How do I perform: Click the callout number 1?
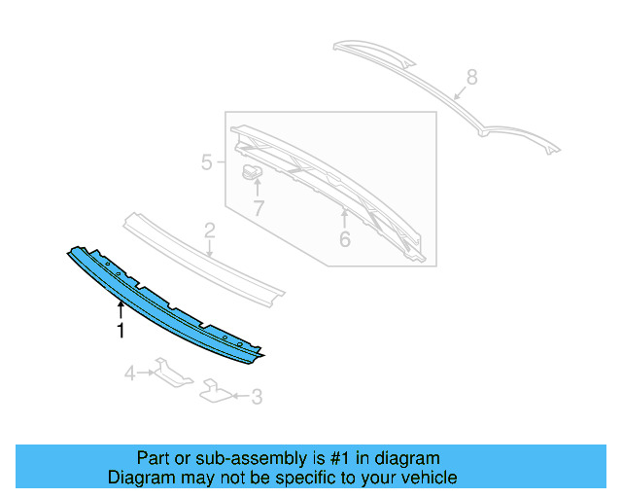pos(121,331)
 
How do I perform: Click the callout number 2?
pos(209,231)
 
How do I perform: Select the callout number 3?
pos(257,396)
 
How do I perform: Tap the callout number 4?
pos(129,373)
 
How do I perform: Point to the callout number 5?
pos(207,162)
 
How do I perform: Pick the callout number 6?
pos(344,238)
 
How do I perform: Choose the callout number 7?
pos(259,208)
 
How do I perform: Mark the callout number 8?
pos(472,76)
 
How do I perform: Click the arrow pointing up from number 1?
pos(121,310)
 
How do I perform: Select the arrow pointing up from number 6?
pos(344,216)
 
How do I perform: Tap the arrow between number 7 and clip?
pos(258,189)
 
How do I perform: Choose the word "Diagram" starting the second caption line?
pos(136,478)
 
